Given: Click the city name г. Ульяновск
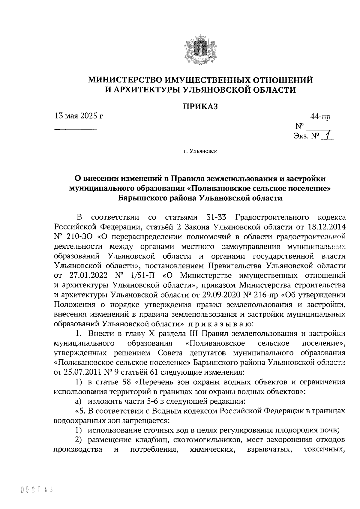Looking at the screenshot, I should tap(200, 151).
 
